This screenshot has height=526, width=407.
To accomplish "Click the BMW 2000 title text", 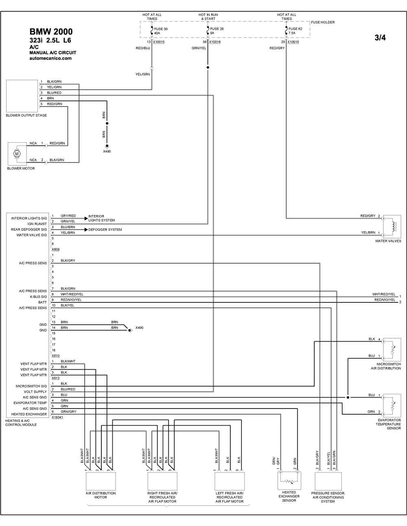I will click(x=51, y=32).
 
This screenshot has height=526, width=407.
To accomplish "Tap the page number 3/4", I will click(x=380, y=38).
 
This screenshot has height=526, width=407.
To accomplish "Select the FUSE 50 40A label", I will click(x=160, y=31).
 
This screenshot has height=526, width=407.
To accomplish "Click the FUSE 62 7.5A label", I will click(x=295, y=31).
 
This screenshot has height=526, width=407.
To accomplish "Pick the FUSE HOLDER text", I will click(x=323, y=22).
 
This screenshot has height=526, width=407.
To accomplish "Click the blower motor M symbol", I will click(x=17, y=154).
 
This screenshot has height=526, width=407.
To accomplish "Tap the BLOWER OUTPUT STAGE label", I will click(x=26, y=115).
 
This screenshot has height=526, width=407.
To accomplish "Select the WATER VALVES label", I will click(x=388, y=241).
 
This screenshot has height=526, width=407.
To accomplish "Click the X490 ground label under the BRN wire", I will click(x=107, y=152).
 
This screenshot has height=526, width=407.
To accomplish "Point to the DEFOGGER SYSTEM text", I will click(x=105, y=230).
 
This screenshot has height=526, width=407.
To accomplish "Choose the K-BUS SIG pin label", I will click(x=38, y=297).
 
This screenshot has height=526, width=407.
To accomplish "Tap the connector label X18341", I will click(x=57, y=417).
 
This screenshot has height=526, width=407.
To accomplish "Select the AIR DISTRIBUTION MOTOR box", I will click(x=101, y=481).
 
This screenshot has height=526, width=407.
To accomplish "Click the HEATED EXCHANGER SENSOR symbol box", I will click(x=289, y=480).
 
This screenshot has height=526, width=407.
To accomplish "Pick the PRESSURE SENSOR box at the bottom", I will click(x=328, y=481).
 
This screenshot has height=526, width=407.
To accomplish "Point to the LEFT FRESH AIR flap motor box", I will click(x=230, y=481).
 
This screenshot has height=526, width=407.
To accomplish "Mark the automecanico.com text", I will click(x=50, y=58).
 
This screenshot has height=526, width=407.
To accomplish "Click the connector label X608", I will click(x=55, y=249).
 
